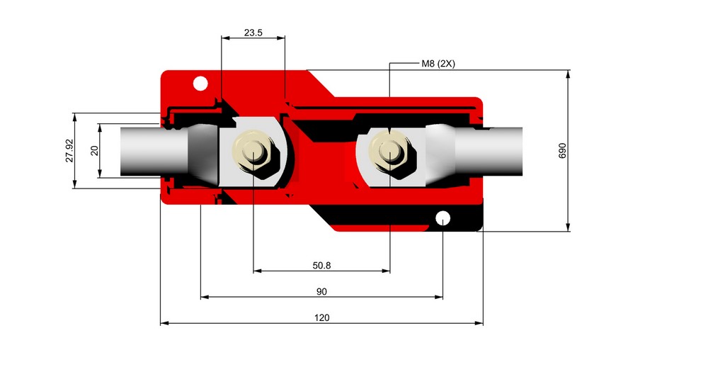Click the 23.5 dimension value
[253, 33]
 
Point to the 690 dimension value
[563, 151]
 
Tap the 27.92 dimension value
[69, 151]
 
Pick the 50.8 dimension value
[321, 266]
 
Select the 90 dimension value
[321, 291]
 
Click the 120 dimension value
[321, 317]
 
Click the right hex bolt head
[390, 151]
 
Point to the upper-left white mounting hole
[200, 84]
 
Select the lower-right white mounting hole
[443, 217]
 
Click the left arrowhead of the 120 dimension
[164, 323]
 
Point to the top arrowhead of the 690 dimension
[569, 74]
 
